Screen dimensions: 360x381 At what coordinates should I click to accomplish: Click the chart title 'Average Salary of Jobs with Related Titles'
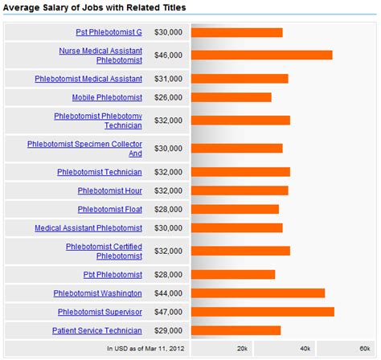coord(95,7)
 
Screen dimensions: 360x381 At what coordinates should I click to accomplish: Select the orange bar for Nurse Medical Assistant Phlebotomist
coord(261,55)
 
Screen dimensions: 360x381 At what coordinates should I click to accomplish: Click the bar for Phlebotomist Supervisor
coord(262,312)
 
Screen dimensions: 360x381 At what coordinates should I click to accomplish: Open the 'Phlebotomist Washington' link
coord(98,293)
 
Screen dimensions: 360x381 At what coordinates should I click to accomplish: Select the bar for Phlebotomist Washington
coord(258,293)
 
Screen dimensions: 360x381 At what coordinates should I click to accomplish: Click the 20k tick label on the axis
coord(242,349)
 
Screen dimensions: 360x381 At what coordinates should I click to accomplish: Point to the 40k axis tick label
coord(305,349)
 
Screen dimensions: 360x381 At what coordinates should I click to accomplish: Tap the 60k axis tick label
coord(364,349)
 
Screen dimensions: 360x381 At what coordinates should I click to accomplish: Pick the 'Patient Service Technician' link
coord(97,330)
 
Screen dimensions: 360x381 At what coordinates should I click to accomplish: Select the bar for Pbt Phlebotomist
coord(233,274)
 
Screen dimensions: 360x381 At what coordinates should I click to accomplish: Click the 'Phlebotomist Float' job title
coord(110,209)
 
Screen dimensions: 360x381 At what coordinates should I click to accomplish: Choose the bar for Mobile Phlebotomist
coord(231,97)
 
